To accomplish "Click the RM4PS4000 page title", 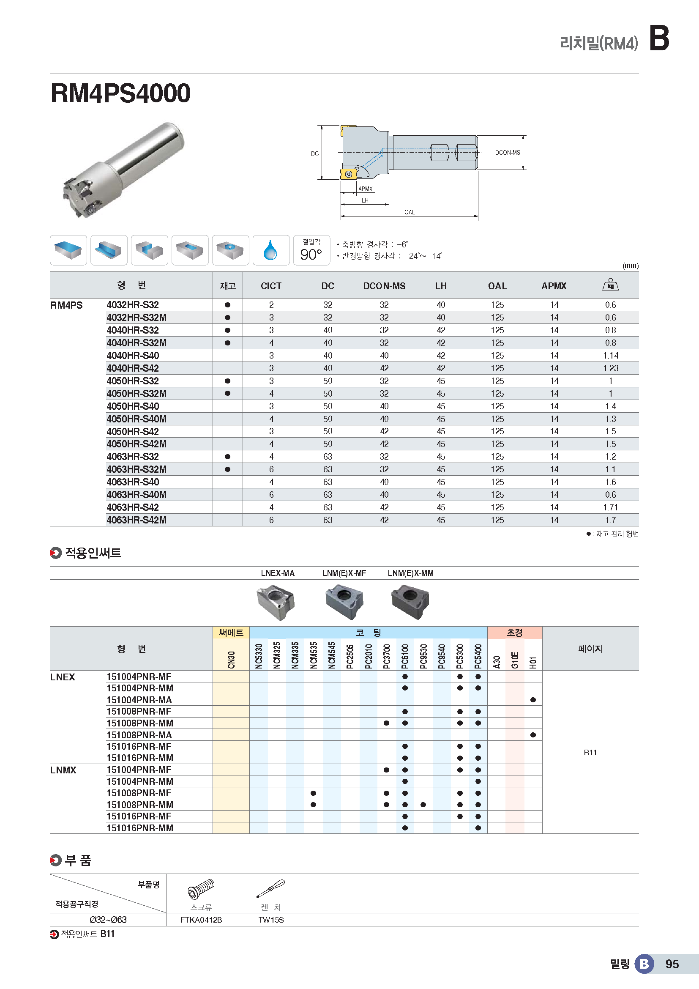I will coord(120,93).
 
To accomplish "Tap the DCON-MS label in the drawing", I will coord(507,153).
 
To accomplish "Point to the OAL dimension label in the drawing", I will coord(410,212).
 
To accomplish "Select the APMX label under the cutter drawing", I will coord(365,189).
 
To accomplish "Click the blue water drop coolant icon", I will coord(270,250).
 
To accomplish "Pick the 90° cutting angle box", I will coord(311,250).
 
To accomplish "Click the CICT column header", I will coord(271,286).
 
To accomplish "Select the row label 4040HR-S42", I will coord(133,368).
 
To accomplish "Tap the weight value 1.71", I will coord(610,507).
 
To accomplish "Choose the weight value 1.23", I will coord(610,368).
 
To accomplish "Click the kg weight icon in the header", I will coord(610,285).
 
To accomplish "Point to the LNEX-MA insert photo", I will coord(276,602).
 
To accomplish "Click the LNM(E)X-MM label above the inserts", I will coord(410,573).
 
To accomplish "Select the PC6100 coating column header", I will coord(404,656).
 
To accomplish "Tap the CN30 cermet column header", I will coord(231,660).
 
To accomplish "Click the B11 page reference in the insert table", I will coord(590,753).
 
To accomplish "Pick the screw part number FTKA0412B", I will coord(201,920).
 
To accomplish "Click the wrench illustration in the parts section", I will coord(271,889).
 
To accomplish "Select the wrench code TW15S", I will coord(271,920).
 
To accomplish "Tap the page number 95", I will coord(672,964).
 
